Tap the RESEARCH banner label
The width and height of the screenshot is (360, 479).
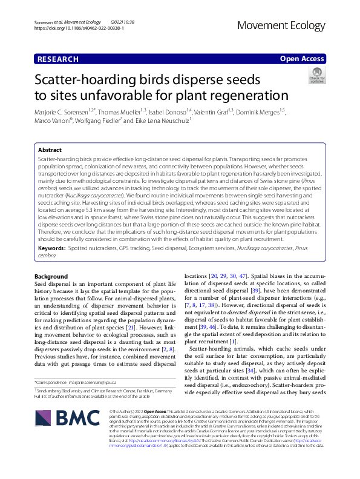(x=57, y=59)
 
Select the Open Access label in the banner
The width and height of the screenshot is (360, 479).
(x=301, y=59)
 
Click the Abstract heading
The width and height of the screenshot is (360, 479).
(x=50, y=149)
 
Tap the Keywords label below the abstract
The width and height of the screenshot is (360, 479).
(x=51, y=248)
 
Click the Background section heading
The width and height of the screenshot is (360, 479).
(x=51, y=276)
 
